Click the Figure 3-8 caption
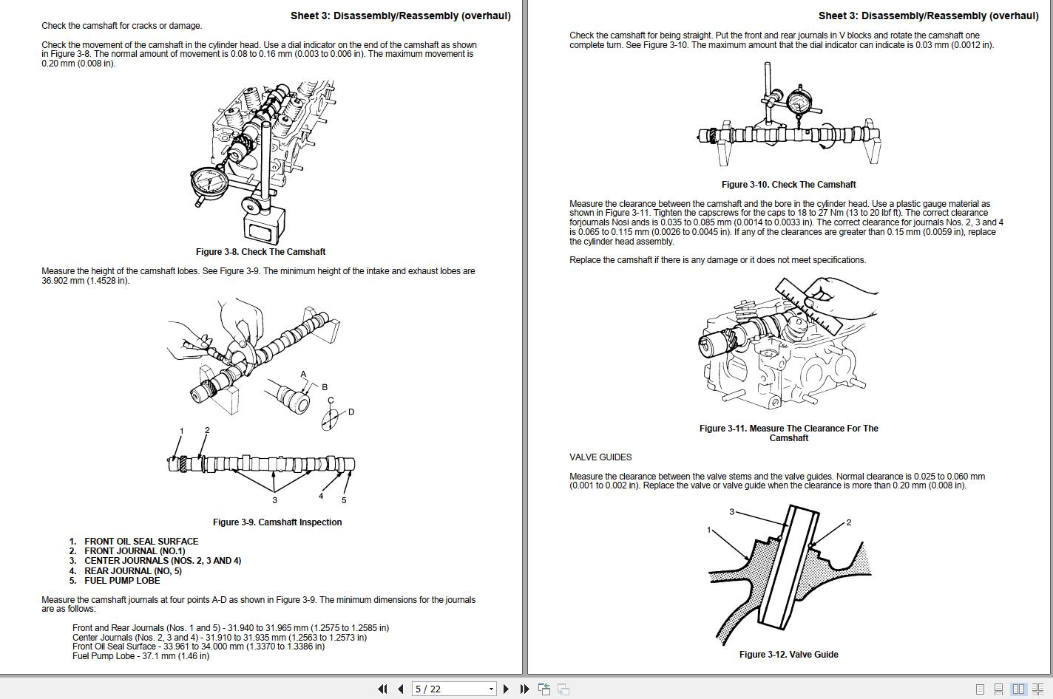pyautogui.click(x=260, y=252)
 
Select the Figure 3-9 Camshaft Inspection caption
pyautogui.click(x=277, y=522)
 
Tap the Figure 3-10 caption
pyautogui.click(x=788, y=185)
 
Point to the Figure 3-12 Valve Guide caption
pyautogui.click(x=788, y=655)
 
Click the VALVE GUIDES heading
pyautogui.click(x=600, y=457)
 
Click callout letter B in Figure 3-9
pyautogui.click(x=325, y=387)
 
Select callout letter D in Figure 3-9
pyautogui.click(x=351, y=412)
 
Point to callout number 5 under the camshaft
pyautogui.click(x=344, y=500)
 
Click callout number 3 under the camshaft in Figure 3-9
pyautogui.click(x=274, y=500)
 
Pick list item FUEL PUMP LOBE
pyautogui.click(x=122, y=581)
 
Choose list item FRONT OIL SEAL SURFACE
pyautogui.click(x=141, y=542)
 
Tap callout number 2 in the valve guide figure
pyautogui.click(x=849, y=522)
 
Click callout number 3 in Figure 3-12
pyautogui.click(x=732, y=512)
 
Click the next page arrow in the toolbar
pyautogui.click(x=506, y=689)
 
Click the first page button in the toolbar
pyautogui.click(x=382, y=689)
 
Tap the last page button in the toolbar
pyautogui.click(x=524, y=689)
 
